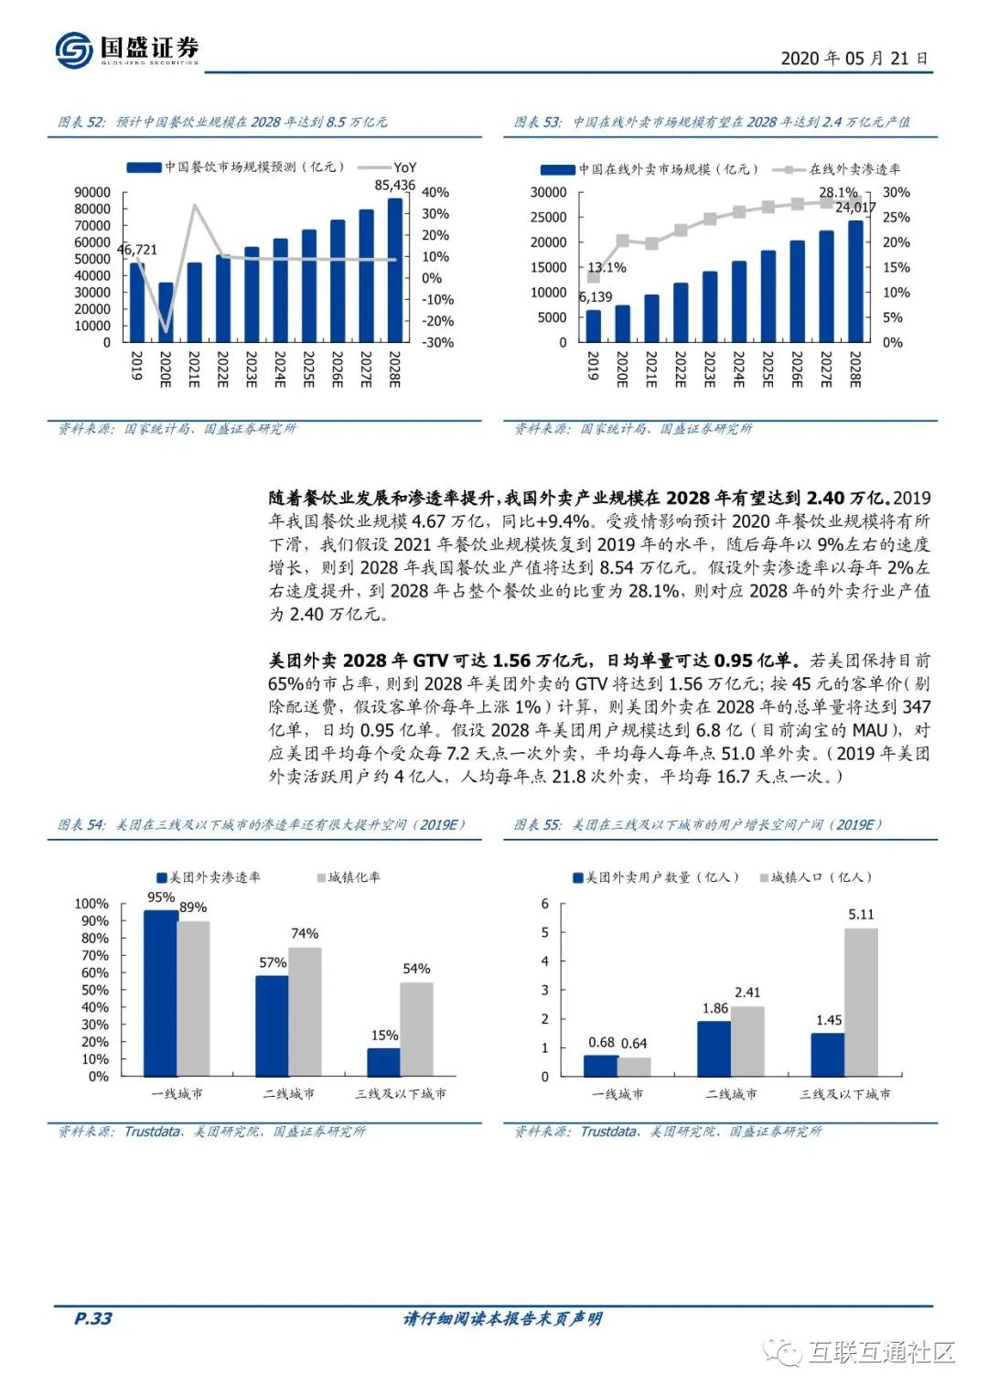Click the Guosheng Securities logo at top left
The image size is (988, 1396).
(126, 49)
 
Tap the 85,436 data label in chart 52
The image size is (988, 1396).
(394, 185)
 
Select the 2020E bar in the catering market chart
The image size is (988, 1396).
(166, 312)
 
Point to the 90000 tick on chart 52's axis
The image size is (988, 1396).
(92, 192)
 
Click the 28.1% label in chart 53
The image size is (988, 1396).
(838, 192)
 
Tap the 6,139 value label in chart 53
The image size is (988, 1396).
(596, 297)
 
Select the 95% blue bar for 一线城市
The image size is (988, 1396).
(161, 993)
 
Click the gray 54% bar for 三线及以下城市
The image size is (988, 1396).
(416, 1029)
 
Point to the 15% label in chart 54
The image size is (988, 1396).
(384, 1036)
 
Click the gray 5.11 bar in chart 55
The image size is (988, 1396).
(861, 1002)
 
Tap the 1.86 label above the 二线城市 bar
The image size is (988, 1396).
(715, 1008)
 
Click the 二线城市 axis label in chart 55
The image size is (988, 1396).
(731, 1094)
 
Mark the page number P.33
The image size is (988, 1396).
(92, 1318)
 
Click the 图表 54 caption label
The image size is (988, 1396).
(81, 825)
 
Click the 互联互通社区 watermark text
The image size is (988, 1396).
(880, 1351)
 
